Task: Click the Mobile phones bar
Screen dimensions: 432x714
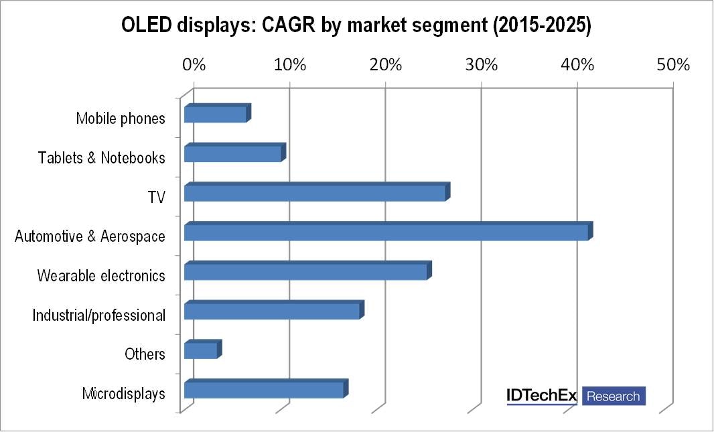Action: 216,115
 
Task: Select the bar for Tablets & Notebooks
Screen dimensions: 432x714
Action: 233,153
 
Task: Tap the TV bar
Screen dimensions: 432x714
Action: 315,193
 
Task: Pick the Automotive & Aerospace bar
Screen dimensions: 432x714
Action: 386,232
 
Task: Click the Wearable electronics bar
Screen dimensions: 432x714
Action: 306,271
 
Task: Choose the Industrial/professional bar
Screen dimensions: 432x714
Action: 272,311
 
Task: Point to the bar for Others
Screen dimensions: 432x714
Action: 201,350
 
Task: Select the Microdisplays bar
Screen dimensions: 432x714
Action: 264,389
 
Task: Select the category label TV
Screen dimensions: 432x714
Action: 157,197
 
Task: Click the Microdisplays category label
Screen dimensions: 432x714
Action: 124,394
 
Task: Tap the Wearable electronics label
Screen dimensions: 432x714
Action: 101,275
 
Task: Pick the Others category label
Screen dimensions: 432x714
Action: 145,354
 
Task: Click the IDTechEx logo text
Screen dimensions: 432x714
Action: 541,396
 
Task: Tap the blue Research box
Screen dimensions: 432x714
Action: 613,396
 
